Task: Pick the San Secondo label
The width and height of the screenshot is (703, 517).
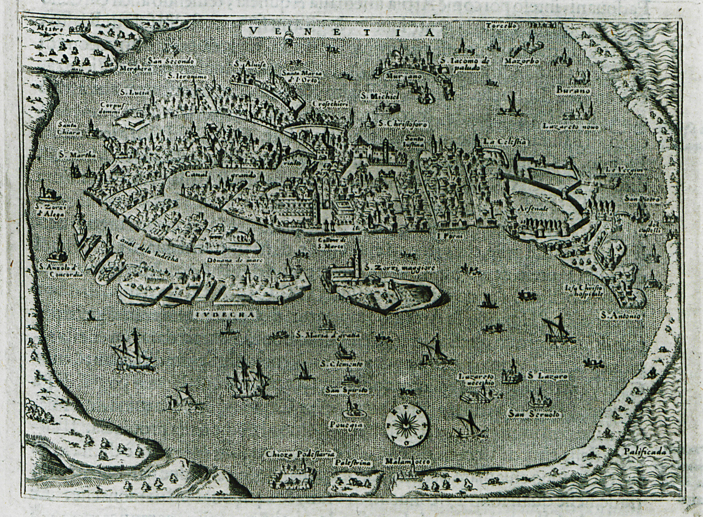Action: coord(164,60)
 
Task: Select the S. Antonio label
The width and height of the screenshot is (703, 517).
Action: coord(621,316)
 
